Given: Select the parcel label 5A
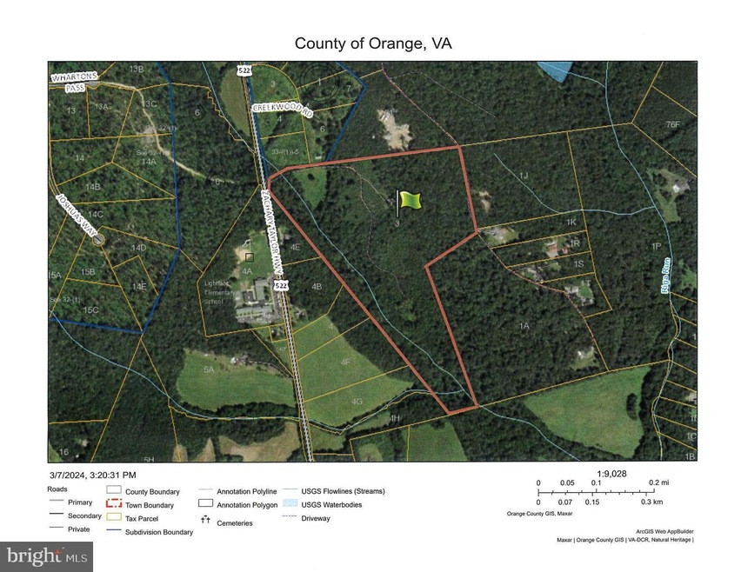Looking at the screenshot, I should [x=208, y=369].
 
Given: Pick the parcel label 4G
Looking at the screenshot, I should [x=356, y=402].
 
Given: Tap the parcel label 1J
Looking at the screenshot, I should [x=523, y=176].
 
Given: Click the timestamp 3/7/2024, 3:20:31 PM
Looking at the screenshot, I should [x=93, y=475].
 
